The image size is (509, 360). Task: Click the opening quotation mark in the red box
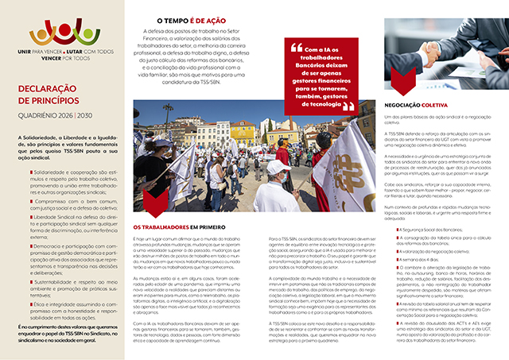300,45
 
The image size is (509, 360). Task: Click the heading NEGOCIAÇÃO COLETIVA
425,103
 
